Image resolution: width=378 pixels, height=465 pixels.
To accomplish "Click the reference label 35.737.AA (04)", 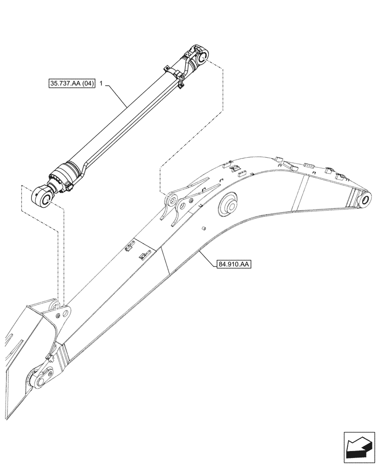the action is (71, 84).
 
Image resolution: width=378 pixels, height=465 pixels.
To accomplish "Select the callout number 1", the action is (101, 84).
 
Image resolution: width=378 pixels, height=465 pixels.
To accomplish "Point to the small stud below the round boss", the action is (203, 228).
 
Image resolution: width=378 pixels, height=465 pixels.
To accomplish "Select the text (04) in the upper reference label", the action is (87, 84).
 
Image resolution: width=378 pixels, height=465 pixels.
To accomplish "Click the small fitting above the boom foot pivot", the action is (48, 357).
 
